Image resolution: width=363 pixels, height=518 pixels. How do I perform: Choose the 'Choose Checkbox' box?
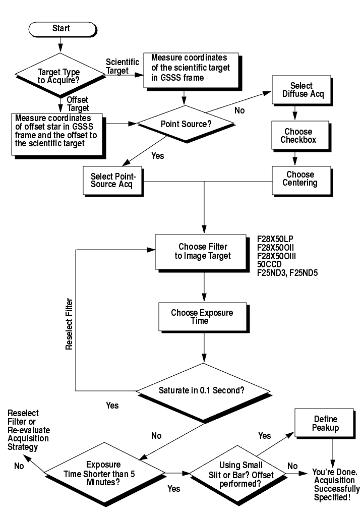tap(295, 135)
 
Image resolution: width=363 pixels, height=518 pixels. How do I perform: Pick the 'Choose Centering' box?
tap(295, 179)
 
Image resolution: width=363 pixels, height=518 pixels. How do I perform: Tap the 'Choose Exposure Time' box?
tap(202, 317)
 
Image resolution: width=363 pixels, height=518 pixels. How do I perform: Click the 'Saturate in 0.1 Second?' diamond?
tap(202, 389)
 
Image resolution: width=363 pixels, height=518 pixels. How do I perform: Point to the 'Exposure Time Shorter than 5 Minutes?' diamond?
tap(104, 472)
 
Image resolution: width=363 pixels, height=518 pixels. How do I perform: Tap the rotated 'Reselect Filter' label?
tap(70, 324)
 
